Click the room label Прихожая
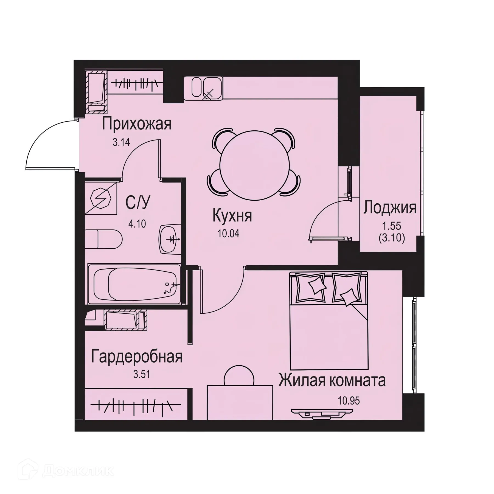pyautogui.click(x=137, y=124)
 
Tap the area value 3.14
pyautogui.click(x=121, y=142)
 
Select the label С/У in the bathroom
pyautogui.click(x=138, y=203)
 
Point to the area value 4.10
pyautogui.click(x=137, y=224)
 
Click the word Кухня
pyautogui.click(x=232, y=216)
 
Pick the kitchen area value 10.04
pyautogui.click(x=228, y=234)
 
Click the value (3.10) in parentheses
pyautogui.click(x=392, y=238)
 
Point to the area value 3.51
pyautogui.click(x=142, y=374)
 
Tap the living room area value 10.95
pyautogui.click(x=349, y=401)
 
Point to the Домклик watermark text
pyautogui.click(x=78, y=471)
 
